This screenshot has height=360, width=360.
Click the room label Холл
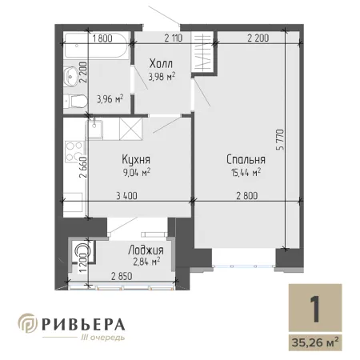click(161, 63)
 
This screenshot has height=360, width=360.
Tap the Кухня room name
click(136, 159)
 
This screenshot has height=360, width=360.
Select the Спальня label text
click(246, 159)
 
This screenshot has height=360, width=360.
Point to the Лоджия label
click(146, 250)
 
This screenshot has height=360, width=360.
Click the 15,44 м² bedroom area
click(246, 173)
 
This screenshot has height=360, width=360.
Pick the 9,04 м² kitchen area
click(137, 172)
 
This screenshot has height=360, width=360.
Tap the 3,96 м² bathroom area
click(110, 99)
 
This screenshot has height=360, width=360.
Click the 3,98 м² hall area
click(162, 77)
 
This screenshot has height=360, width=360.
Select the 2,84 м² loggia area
click(146, 262)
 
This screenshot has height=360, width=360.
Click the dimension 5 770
click(281, 139)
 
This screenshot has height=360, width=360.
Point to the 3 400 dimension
click(126, 196)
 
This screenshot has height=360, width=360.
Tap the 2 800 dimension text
click(247, 196)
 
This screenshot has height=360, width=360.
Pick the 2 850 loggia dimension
click(122, 276)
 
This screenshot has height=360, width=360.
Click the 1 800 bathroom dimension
click(102, 38)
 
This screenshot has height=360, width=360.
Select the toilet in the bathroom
click(76, 102)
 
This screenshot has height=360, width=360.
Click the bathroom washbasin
click(70, 77)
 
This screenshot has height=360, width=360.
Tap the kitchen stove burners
click(74, 151)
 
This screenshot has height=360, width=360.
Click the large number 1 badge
click(315, 309)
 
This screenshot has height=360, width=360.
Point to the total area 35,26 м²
click(315, 342)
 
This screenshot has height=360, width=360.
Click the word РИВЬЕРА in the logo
click(83, 325)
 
